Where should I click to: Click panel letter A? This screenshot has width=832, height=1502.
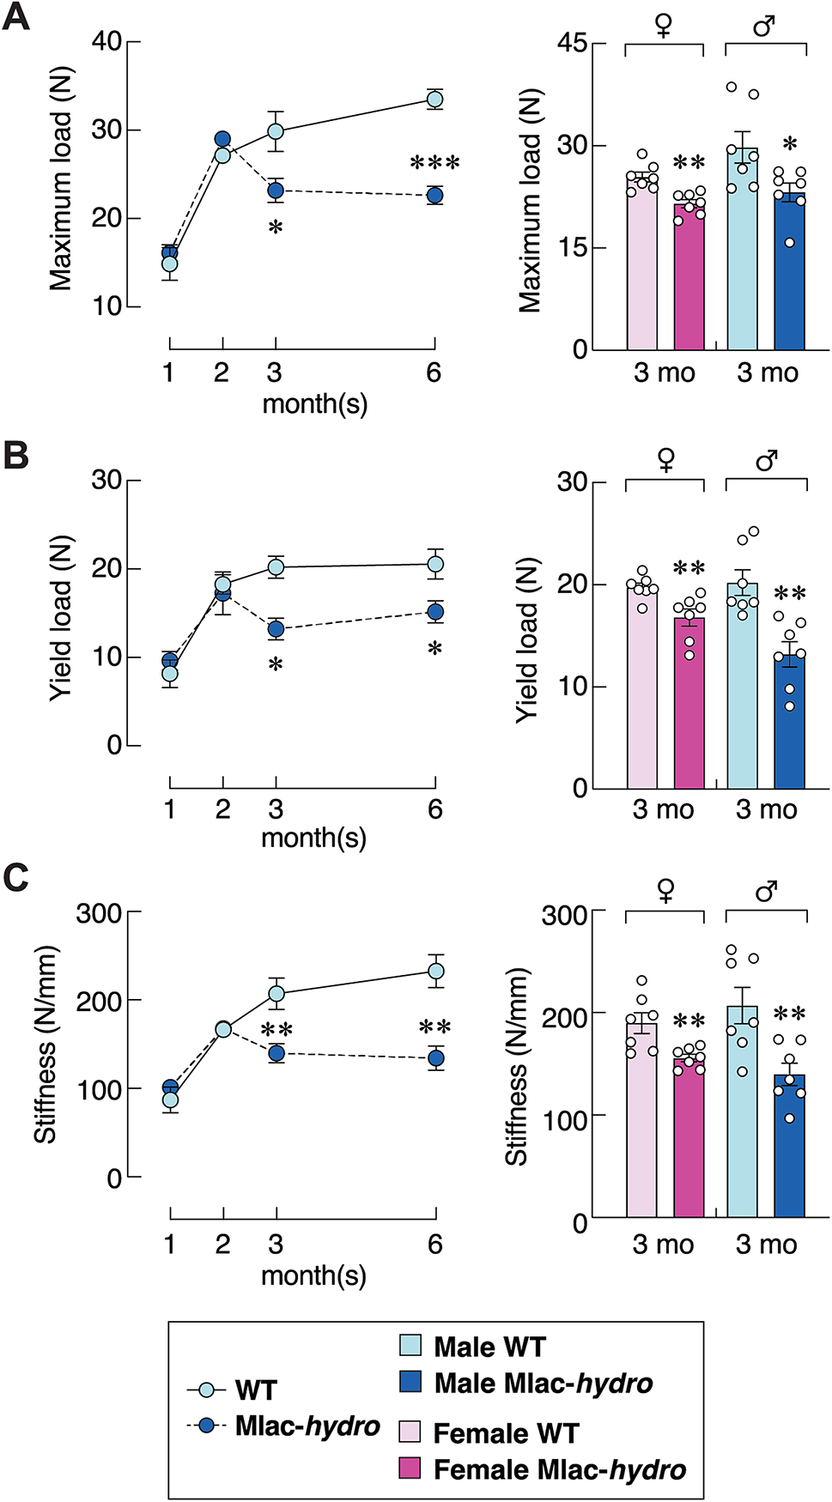[x=15, y=17]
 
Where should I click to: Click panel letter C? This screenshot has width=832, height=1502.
[x=15, y=877]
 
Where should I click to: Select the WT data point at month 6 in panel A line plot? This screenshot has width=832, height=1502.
[x=435, y=100]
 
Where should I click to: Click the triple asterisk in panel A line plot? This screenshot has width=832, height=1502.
[x=434, y=163]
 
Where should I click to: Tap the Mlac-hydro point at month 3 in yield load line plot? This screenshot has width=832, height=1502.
[x=276, y=629]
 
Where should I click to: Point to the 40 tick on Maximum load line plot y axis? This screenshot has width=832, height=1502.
[x=106, y=41]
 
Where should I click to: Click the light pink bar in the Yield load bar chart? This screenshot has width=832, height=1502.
[x=641, y=687]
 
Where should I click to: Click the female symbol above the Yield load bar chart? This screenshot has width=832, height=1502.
[x=665, y=461]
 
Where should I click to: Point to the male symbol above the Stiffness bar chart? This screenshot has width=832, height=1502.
[x=766, y=892]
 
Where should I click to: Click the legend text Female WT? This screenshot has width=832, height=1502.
[x=506, y=1432]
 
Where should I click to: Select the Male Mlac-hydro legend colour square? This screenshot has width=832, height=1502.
[x=410, y=1381]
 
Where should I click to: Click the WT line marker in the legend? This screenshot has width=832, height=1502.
[x=206, y=1390]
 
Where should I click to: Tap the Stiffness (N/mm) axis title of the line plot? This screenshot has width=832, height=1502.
[x=45, y=1045]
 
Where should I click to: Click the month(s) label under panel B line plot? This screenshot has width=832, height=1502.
[x=313, y=838]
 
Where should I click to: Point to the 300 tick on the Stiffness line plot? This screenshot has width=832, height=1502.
[x=99, y=912]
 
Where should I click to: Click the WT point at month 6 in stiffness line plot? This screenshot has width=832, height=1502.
[x=436, y=972]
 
